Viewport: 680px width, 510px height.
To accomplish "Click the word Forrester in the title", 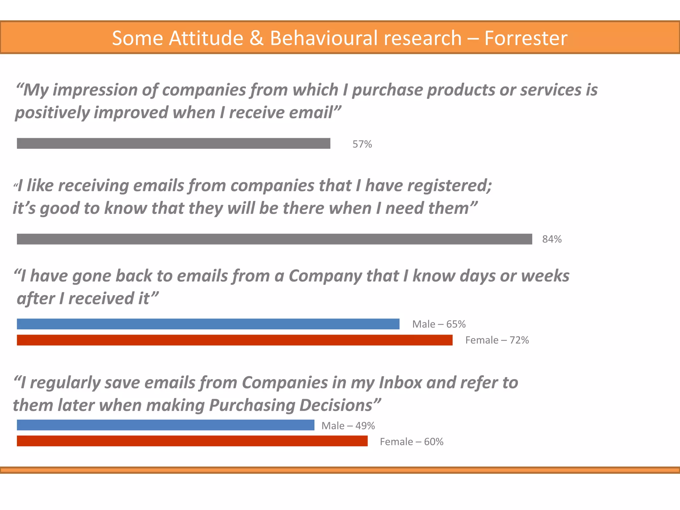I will coord(526,38).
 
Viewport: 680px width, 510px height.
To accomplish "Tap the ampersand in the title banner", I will coord(256,38).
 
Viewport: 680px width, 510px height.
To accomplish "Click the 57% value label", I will coord(362,144).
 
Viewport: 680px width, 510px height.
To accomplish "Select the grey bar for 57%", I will coord(173,143).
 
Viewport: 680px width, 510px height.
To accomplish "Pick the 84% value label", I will coord(552,239).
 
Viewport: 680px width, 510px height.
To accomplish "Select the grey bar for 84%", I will coord(274,239).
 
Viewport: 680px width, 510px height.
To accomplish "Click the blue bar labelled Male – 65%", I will coord(208,324).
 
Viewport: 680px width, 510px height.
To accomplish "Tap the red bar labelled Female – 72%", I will coord(234,340).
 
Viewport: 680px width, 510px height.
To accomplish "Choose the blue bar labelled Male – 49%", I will coord(165,425).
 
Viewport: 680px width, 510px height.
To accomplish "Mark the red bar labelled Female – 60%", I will coord(192,441).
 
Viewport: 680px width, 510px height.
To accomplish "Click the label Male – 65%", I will coord(439,324).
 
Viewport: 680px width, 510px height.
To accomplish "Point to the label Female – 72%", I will coord(497,340).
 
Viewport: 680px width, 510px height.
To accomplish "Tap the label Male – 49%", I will coord(348,426).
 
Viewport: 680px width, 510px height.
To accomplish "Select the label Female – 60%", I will coord(411,442).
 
